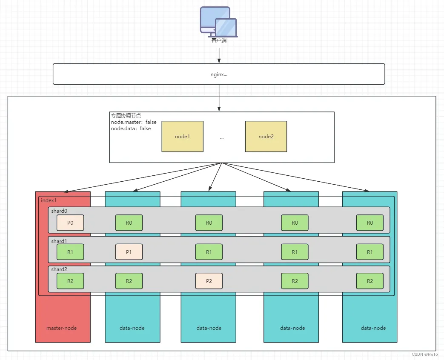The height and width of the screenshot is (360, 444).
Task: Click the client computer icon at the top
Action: [218, 21]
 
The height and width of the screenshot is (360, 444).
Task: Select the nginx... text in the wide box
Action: [219, 74]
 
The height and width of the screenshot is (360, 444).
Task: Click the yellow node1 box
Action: [182, 137]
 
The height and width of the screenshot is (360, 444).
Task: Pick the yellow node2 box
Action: [266, 137]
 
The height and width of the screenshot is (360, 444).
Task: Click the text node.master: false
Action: [133, 122]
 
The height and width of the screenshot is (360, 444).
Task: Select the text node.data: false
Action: [131, 128]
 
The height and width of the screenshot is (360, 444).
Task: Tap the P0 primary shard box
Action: [70, 223]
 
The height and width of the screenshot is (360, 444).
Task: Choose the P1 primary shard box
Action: [129, 252]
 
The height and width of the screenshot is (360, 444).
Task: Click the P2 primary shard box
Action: [209, 281]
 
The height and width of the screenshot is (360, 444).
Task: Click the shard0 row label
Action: [59, 211]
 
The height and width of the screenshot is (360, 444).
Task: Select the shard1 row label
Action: [59, 241]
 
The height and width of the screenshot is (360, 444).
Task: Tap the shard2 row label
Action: [59, 269]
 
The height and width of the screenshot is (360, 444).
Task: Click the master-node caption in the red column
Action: [62, 328]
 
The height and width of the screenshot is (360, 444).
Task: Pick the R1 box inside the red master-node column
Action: [70, 252]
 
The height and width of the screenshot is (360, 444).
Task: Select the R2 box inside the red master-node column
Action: [70, 281]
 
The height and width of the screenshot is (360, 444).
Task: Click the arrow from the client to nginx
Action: [219, 55]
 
